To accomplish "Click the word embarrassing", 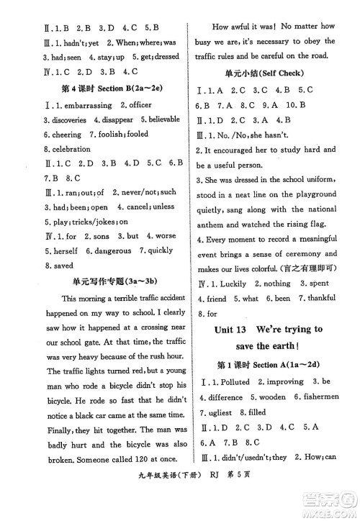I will pos(62,105).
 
